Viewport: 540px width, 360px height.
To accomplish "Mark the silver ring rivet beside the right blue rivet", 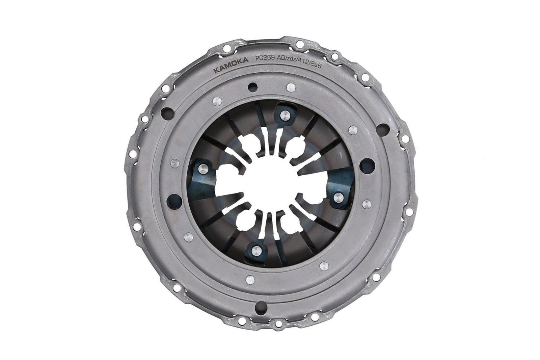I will coord(366,204).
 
